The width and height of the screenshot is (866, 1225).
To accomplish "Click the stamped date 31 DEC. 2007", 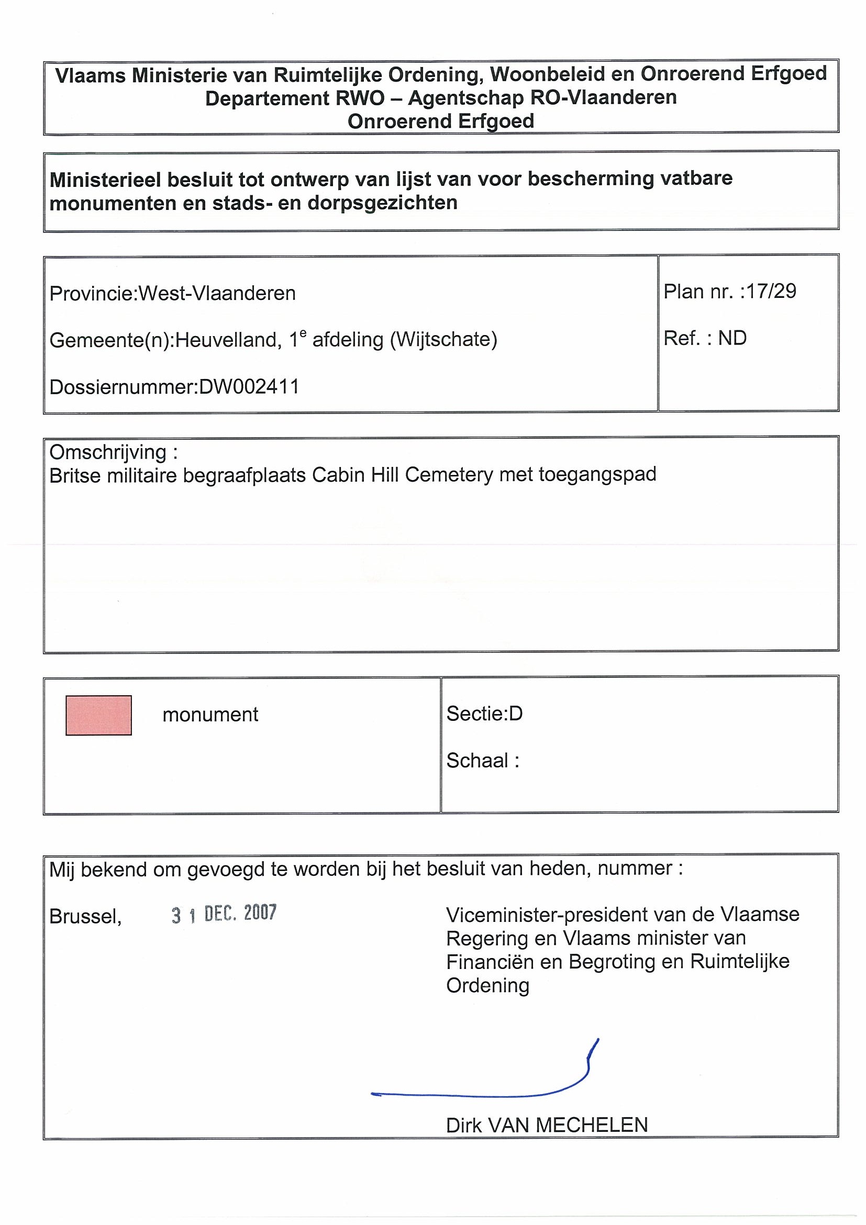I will pyautogui.click(x=224, y=914).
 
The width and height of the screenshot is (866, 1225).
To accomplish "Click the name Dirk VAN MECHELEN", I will pyautogui.click(x=547, y=1125).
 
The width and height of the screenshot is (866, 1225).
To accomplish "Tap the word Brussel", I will pyautogui.click(x=85, y=917).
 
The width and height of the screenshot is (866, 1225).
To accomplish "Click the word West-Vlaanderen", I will pyautogui.click(x=217, y=294).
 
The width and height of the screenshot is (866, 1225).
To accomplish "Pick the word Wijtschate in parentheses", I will pyautogui.click(x=444, y=339).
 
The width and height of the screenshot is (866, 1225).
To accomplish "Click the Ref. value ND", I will pyautogui.click(x=732, y=338).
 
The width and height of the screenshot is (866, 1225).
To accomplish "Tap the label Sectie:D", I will pyautogui.click(x=484, y=714).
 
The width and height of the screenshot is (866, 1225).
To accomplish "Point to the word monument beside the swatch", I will pyautogui.click(x=210, y=715).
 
